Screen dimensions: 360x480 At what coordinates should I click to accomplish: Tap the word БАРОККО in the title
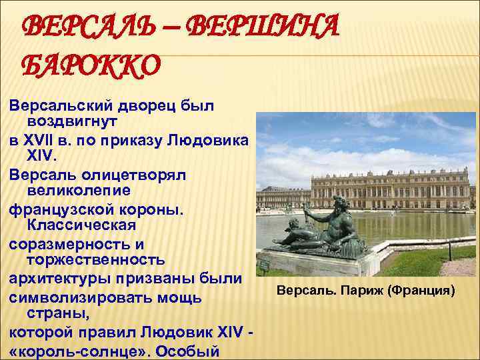(x=92, y=65)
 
